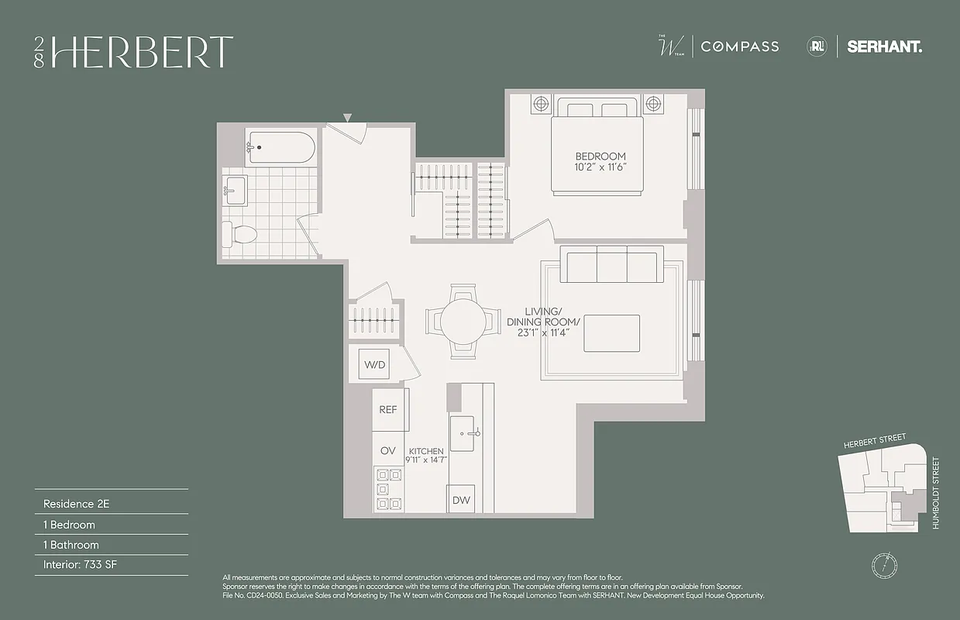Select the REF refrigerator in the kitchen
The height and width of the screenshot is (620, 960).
[387, 410]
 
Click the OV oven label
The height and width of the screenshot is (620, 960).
[387, 450]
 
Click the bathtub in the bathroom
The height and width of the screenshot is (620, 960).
[280, 147]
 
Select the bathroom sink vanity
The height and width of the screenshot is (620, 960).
[236, 190]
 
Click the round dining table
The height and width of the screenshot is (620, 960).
[463, 320]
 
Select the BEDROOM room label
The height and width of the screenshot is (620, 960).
[600, 157]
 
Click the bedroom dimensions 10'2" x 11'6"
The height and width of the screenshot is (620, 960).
[600, 167]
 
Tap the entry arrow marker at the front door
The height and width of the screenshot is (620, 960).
[348, 118]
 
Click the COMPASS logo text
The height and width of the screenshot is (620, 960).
[739, 46]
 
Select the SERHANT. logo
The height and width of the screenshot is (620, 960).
[884, 46]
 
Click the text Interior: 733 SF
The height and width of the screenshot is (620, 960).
[81, 565]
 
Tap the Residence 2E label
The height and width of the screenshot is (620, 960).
[76, 504]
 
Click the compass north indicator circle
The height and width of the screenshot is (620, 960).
[883, 563]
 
